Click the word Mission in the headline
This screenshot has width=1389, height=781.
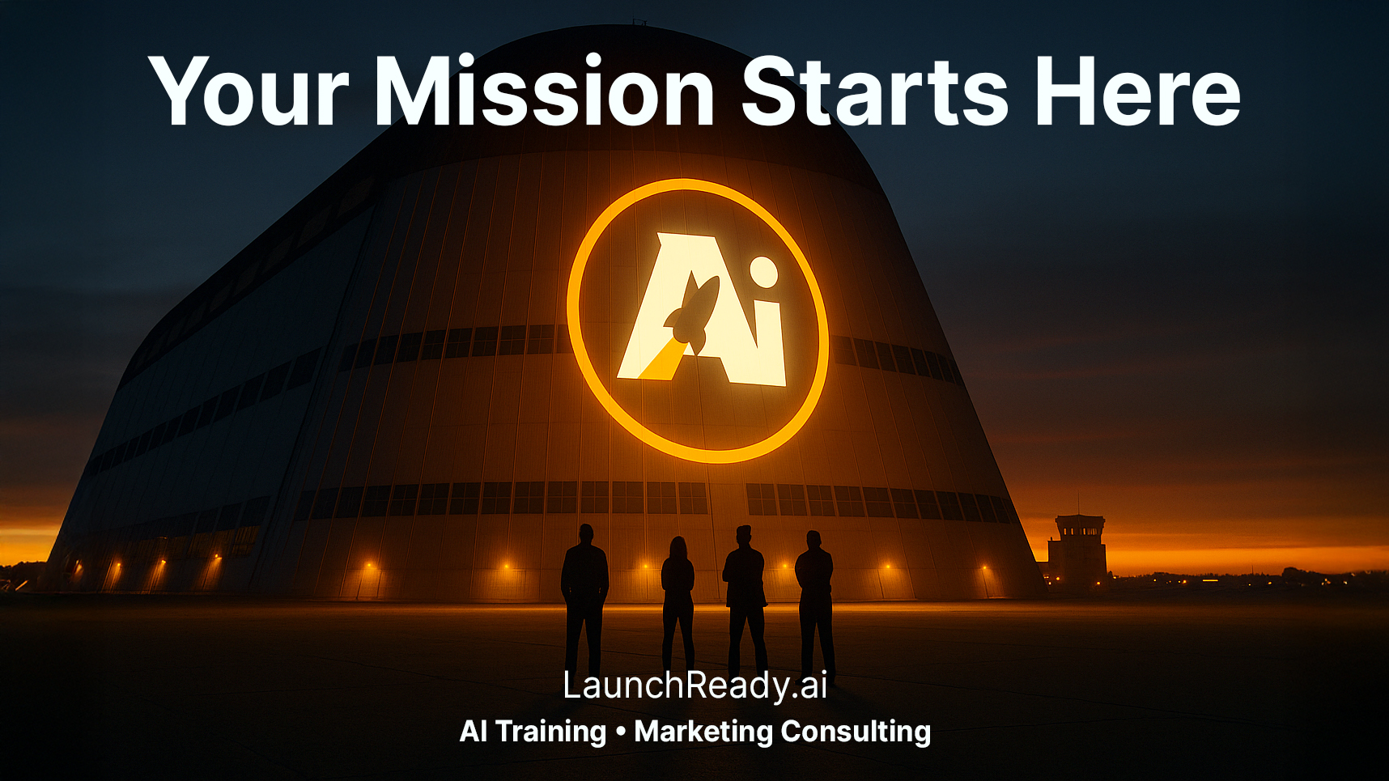(544, 91)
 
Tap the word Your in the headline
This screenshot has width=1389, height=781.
(248, 91)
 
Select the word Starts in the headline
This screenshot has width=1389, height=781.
(876, 91)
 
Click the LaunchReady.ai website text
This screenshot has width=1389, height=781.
(694, 685)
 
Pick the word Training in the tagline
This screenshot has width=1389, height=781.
(551, 732)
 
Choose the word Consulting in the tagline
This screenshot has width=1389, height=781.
(856, 732)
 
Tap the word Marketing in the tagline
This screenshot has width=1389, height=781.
(703, 732)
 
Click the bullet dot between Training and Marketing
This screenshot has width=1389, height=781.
(621, 732)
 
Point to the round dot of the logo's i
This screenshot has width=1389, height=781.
(763, 272)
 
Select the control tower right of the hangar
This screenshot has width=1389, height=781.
(1078, 550)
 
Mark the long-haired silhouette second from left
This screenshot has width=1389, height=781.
(678, 604)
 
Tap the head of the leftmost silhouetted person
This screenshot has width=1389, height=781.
(586, 534)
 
